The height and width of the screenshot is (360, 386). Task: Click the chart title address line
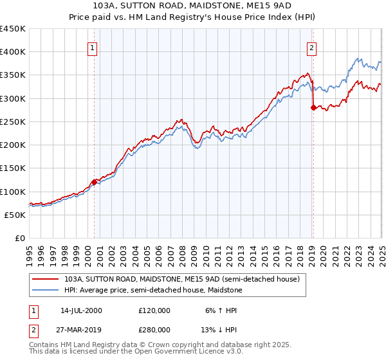point(192,6)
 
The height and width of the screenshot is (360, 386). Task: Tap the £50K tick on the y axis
point(15,215)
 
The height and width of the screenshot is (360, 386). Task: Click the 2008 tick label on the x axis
point(182,253)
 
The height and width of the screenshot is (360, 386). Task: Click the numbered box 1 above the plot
point(93,48)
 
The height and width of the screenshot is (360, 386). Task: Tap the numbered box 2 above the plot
point(311,48)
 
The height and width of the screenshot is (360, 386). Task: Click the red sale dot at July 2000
point(94,182)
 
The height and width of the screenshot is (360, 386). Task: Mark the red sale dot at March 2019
point(313,107)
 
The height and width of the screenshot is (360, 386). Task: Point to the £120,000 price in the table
point(154,310)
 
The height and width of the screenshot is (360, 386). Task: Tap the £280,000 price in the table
point(154,329)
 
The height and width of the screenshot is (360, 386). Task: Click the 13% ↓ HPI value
point(219,329)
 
